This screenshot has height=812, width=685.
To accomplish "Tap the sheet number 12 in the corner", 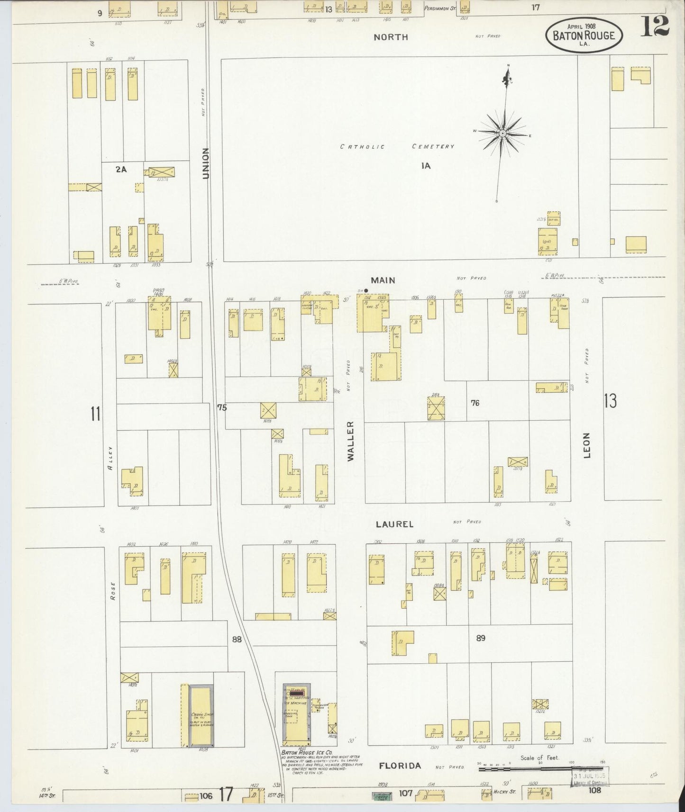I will pyautogui.click(x=655, y=26).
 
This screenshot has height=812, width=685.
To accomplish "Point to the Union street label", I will pyautogui.click(x=205, y=163).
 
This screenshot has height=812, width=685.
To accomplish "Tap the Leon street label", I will pyautogui.click(x=587, y=445).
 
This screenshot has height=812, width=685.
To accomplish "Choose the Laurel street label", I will pyautogui.click(x=394, y=524).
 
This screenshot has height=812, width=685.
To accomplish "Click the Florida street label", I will pyautogui.click(x=400, y=766).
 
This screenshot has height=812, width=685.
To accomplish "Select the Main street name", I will pyautogui.click(x=384, y=280).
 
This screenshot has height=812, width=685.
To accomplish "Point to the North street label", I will pyautogui.click(x=391, y=37).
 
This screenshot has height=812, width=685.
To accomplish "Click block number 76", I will pyautogui.click(x=475, y=403).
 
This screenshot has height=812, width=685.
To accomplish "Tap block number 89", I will pyautogui.click(x=481, y=638).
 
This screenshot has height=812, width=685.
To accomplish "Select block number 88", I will pyautogui.click(x=237, y=639).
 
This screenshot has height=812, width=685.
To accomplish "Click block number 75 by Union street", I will pyautogui.click(x=222, y=407).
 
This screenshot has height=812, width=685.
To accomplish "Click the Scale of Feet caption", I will pyautogui.click(x=540, y=758).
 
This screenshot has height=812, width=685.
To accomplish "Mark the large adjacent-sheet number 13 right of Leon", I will pyautogui.click(x=611, y=401).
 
